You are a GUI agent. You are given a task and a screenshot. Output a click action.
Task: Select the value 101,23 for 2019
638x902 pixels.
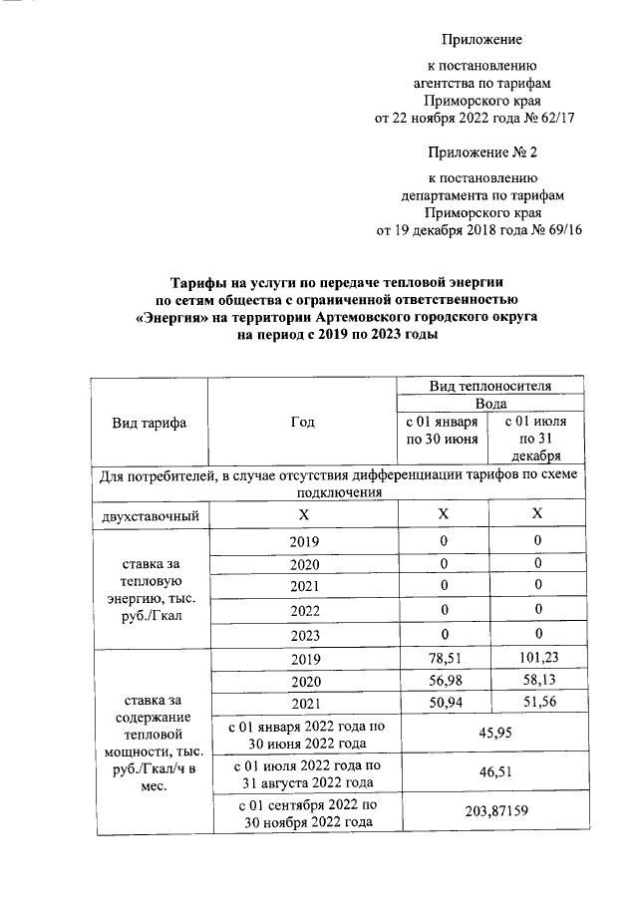pos(536,659)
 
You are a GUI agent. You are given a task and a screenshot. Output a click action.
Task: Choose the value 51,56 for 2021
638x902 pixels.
pos(536,705)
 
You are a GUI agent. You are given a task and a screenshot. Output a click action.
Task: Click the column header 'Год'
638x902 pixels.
pos(302,422)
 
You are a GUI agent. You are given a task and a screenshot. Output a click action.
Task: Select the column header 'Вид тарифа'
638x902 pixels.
pos(150,422)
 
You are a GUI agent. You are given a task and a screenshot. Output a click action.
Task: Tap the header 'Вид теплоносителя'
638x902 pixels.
pos(490,387)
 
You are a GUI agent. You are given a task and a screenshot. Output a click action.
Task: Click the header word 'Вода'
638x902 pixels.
pos(490,404)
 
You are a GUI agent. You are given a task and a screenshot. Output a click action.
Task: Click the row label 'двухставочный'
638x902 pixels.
pos(150,515)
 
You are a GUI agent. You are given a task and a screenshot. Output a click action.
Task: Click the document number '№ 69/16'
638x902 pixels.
pos(557,231)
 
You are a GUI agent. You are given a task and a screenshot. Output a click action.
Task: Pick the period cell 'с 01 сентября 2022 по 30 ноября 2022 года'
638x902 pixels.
pos(302,812)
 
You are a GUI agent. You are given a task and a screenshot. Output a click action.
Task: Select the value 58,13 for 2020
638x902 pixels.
pos(536,682)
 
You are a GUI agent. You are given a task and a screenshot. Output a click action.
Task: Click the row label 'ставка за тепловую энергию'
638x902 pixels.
pos(150,587)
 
